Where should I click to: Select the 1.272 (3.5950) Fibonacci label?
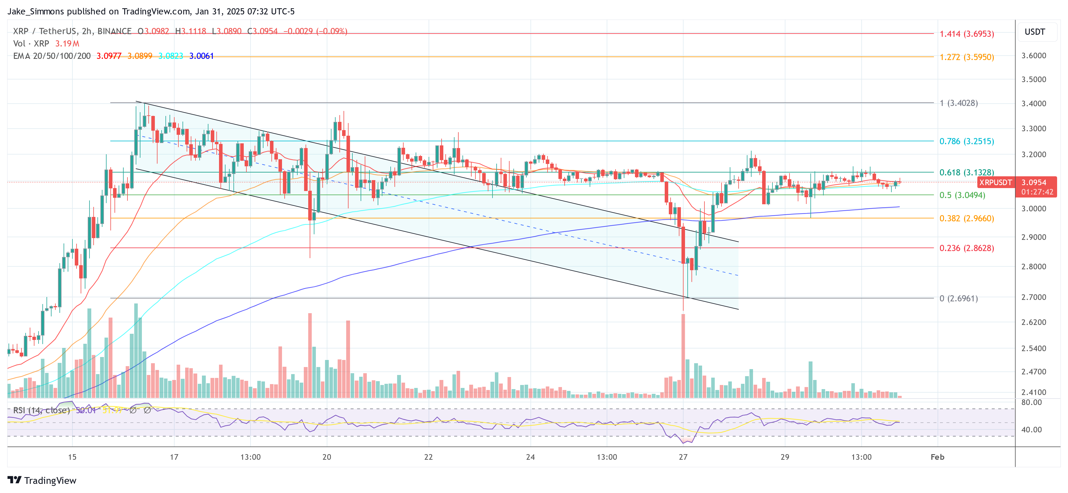(966, 57)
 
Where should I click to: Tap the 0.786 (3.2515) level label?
(966, 141)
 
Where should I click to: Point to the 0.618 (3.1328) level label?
(966, 172)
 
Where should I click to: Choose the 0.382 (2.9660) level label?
(966, 218)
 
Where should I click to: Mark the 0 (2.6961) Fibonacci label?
(958, 298)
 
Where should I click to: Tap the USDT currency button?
(1034, 32)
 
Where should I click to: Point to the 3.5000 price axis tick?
(1034, 79)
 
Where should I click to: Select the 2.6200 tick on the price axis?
(1034, 322)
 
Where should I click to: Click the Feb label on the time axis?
(937, 457)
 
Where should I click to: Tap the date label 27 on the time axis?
(683, 457)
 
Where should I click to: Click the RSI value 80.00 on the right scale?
(1031, 402)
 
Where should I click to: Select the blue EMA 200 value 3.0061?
(201, 56)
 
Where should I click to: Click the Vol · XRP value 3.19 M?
(67, 44)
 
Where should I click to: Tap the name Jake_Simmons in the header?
(36, 11)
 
